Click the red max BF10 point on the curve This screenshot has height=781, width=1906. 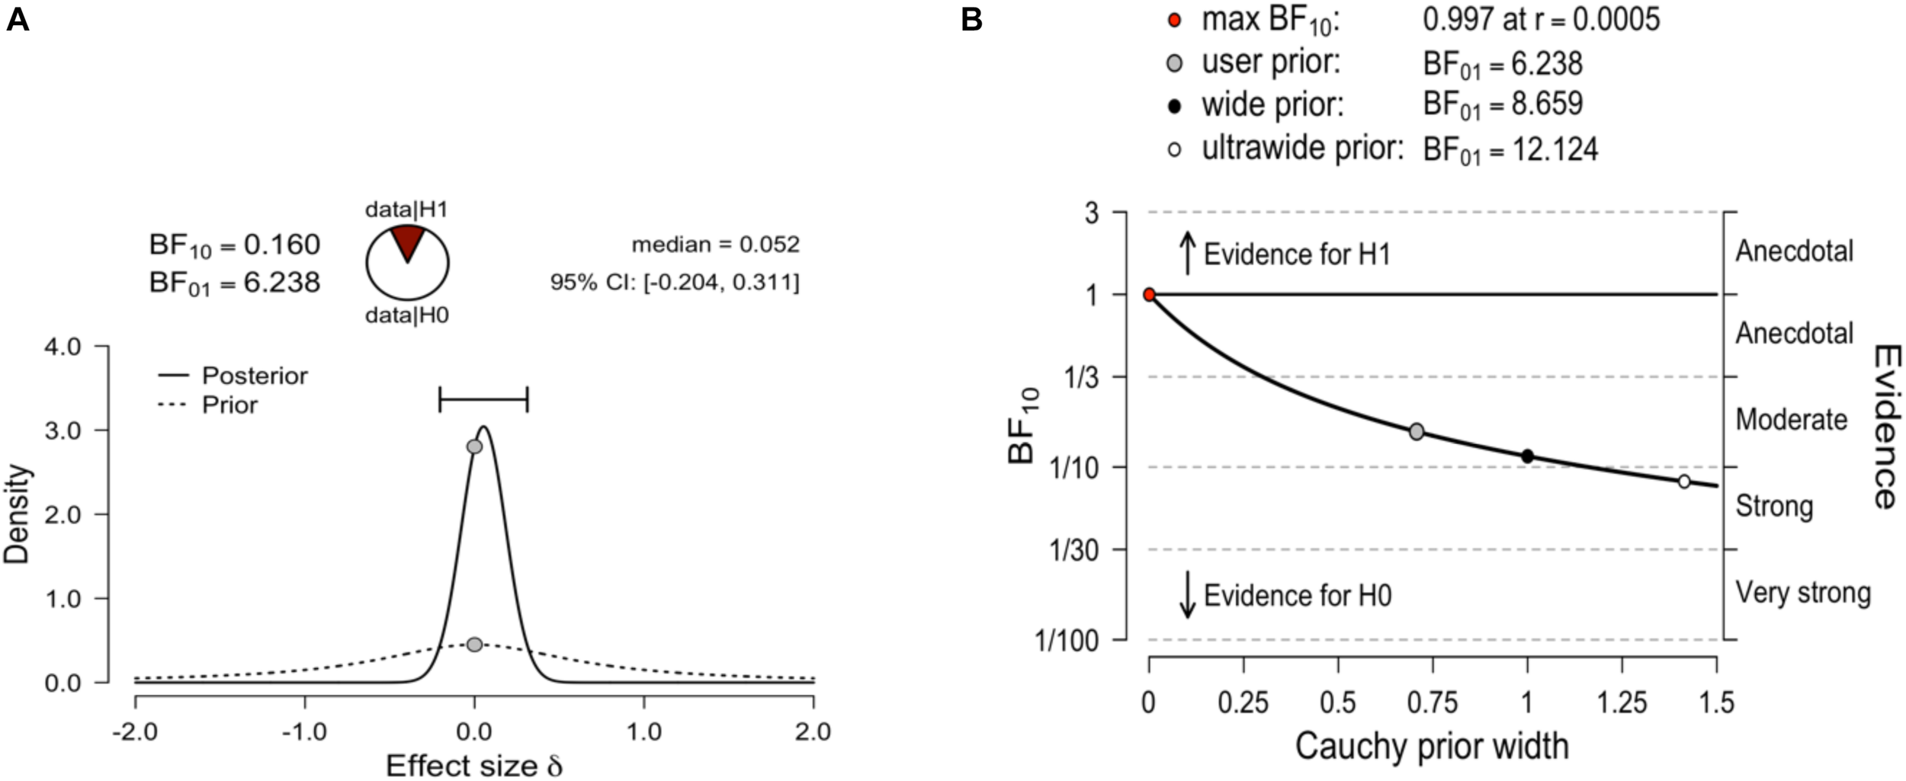1149,295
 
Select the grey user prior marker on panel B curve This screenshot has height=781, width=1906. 1417,431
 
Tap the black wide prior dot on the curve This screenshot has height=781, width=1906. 1527,456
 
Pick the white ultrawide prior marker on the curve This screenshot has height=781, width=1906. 1684,481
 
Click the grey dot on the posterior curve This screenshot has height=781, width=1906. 474,446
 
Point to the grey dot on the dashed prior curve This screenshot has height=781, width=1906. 474,644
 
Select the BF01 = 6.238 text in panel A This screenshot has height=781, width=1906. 235,283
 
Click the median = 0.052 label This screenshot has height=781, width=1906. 715,245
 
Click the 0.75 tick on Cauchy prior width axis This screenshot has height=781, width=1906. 1433,702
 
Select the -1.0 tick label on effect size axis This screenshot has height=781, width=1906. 304,731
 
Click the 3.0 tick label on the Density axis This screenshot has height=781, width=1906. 63,431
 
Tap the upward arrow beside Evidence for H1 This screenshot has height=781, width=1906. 1187,253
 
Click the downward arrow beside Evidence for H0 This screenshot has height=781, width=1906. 1187,595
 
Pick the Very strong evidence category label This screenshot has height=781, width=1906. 1802,592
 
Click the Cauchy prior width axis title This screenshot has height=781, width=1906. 1431,746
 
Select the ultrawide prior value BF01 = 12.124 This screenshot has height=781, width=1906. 1510,149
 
